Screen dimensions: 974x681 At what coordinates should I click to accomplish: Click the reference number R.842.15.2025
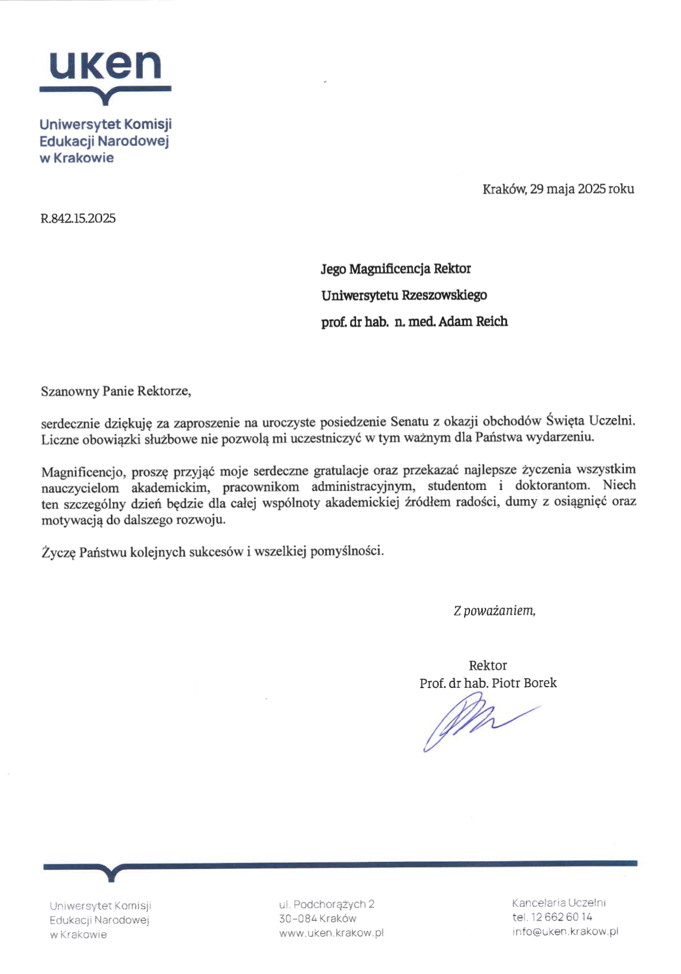(78, 218)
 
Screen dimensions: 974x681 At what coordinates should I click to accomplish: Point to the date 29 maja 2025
(568, 189)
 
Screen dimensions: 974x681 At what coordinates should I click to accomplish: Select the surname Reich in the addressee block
(492, 321)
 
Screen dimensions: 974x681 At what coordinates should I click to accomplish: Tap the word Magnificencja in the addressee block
(390, 269)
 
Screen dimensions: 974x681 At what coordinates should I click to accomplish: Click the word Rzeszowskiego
(444, 295)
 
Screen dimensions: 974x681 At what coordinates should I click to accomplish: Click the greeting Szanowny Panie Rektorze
(116, 392)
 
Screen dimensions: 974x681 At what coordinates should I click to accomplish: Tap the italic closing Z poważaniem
(494, 611)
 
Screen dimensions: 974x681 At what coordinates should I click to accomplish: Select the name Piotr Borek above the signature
(524, 683)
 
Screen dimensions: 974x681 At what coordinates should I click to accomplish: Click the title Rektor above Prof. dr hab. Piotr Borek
(487, 666)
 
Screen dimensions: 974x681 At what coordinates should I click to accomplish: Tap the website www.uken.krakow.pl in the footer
(331, 933)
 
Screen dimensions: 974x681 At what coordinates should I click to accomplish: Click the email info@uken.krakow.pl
(565, 931)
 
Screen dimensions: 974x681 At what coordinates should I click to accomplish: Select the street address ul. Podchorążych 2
(327, 904)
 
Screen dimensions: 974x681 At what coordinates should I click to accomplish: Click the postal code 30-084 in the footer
(298, 918)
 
